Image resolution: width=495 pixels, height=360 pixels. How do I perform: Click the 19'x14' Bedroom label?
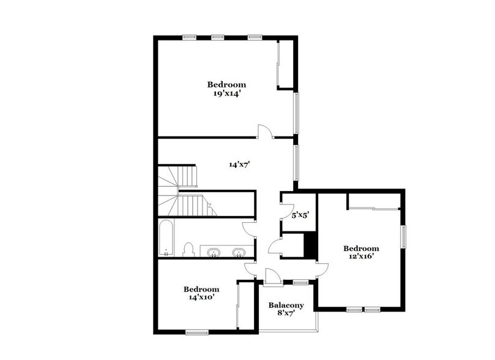click(226, 89)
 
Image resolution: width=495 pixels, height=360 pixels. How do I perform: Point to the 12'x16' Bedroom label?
click(360, 252)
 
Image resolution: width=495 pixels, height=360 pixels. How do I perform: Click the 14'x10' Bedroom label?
click(201, 293)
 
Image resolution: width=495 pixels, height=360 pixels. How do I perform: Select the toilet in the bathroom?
click(188, 250)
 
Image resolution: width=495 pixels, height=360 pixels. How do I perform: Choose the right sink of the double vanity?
click(239, 252)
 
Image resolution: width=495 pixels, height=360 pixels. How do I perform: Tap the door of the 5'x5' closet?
click(286, 211)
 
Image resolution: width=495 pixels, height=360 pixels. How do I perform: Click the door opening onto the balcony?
click(273, 277)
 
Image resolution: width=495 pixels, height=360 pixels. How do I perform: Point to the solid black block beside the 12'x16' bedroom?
click(310, 246)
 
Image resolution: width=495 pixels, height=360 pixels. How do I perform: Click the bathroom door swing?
click(248, 228)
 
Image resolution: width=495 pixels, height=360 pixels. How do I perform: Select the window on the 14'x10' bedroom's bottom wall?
click(197, 332)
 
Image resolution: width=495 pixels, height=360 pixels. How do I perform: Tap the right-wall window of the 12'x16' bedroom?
click(403, 237)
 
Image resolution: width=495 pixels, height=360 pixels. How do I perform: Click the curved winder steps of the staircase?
click(168, 181)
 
